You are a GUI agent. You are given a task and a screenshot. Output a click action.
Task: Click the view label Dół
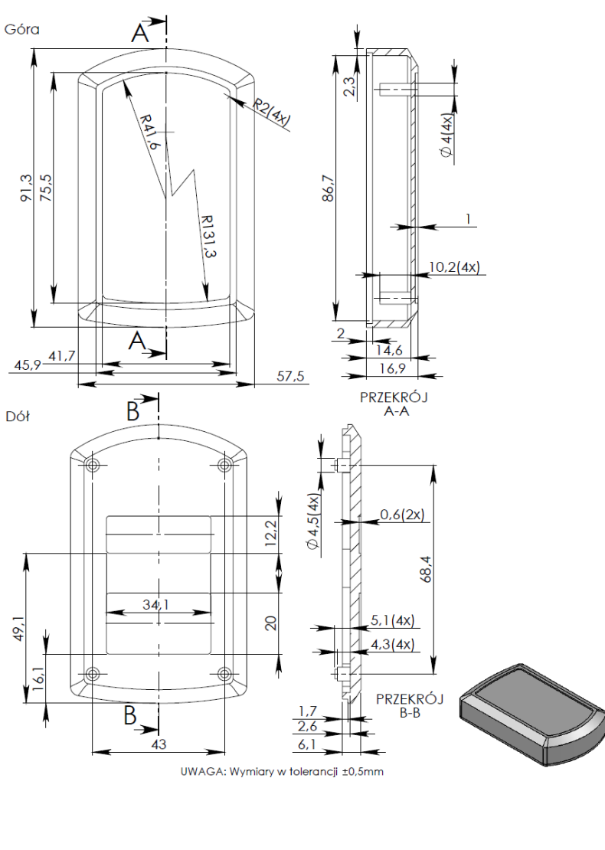pyautogui.click(x=19, y=418)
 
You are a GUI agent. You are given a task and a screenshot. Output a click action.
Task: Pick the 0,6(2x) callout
pyautogui.click(x=402, y=514)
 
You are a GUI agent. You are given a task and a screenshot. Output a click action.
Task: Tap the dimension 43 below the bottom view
pyautogui.click(x=159, y=744)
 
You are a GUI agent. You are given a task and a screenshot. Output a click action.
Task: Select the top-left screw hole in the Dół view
pyautogui.click(x=93, y=465)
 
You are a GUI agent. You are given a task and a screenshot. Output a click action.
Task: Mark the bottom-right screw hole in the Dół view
pyautogui.click(x=224, y=674)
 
